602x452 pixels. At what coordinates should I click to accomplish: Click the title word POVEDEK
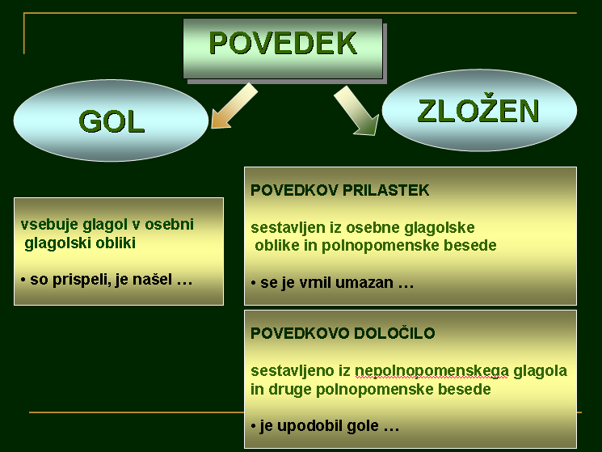click(x=283, y=43)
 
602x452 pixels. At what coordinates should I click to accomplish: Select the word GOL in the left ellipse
click(x=112, y=122)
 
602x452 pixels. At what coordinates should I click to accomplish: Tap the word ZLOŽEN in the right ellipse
click(x=478, y=111)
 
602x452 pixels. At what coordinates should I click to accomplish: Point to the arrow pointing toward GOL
click(x=234, y=106)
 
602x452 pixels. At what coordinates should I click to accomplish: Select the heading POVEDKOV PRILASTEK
click(x=339, y=190)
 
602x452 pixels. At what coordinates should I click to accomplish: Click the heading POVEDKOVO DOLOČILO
click(x=343, y=333)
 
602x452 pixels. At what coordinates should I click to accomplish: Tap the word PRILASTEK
click(x=385, y=190)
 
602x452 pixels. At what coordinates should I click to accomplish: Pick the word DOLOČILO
click(x=394, y=333)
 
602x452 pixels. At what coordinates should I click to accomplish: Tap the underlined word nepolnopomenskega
click(x=432, y=371)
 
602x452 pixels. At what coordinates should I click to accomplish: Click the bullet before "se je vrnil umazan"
click(x=253, y=284)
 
